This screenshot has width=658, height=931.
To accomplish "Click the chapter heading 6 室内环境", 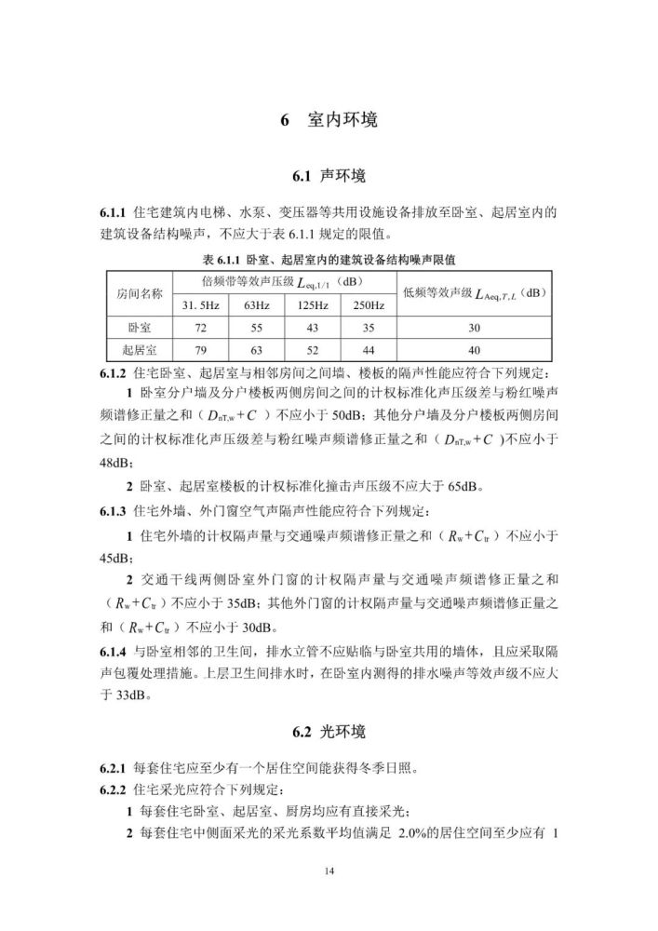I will pos(329,121).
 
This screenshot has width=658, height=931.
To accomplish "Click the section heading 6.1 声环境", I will pos(329,175).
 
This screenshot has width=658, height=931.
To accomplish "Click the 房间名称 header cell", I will pos(139,293).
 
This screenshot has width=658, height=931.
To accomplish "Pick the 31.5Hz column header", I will pos(200,305).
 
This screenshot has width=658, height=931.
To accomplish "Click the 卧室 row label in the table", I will pos(139,329).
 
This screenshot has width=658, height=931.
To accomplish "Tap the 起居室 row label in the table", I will pos(139,351).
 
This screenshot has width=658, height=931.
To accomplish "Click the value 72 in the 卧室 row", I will pos(200,329).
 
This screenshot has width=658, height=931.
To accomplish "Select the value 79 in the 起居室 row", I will pos(200,351).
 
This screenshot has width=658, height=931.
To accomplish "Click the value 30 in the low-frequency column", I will pos(475,329).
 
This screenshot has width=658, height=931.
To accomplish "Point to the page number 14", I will pos(329,870).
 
